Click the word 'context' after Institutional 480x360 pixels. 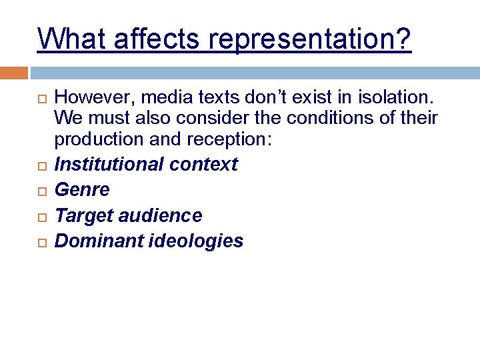click(x=209, y=164)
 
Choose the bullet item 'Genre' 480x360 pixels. click(x=82, y=190)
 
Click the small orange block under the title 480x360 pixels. click(x=13, y=72)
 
